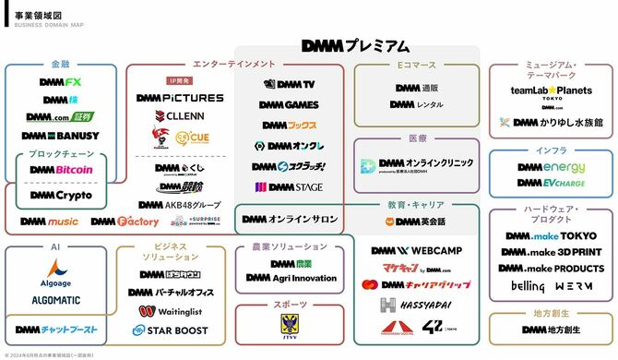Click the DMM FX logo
61,82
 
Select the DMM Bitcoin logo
61,170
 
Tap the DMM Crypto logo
61,195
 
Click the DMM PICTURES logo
180,97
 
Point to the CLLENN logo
180,116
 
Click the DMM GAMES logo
289,104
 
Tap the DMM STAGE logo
289,186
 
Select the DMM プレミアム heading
355,45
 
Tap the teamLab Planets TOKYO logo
552,93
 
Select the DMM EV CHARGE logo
552,183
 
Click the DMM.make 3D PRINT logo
552,251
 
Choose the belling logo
528,286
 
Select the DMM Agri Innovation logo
291,278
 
